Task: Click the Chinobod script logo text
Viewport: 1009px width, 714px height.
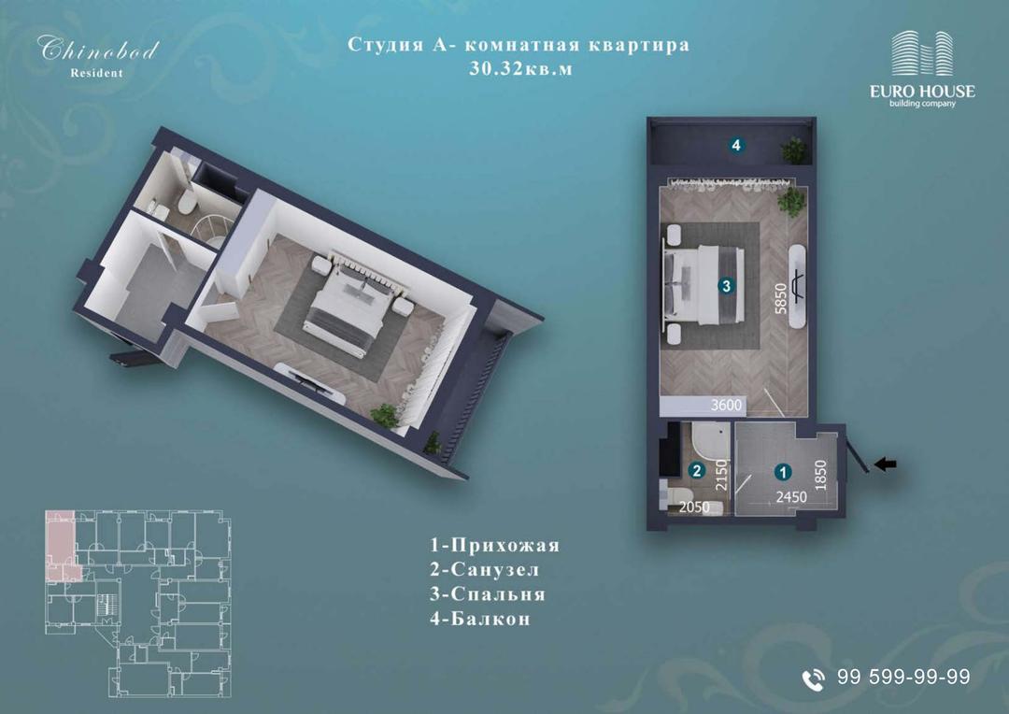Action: (x=98, y=49)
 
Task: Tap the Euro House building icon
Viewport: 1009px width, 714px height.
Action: (x=921, y=53)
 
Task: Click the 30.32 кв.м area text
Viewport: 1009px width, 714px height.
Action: (x=520, y=68)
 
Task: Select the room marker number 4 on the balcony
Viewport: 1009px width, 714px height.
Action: (x=736, y=146)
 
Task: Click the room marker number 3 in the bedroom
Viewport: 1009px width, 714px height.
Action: (x=727, y=285)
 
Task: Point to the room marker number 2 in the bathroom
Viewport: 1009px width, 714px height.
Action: (x=697, y=471)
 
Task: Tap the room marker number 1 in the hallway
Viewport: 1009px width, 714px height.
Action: (x=783, y=473)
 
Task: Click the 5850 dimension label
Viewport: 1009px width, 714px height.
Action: (x=781, y=298)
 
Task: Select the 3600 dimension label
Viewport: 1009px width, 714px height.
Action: (x=727, y=406)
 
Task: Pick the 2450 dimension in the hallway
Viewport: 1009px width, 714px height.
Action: (x=791, y=497)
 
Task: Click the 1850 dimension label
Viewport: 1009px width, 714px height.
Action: (x=820, y=476)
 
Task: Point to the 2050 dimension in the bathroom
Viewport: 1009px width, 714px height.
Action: (x=694, y=507)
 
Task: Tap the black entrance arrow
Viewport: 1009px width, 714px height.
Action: (x=885, y=464)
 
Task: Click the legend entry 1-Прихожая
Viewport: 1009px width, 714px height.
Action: (x=495, y=546)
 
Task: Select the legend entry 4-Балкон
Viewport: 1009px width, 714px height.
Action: (x=480, y=619)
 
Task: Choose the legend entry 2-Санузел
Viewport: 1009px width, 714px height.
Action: (x=485, y=570)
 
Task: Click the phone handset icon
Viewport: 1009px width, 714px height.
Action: (x=814, y=678)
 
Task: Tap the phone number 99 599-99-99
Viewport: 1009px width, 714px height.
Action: (x=903, y=677)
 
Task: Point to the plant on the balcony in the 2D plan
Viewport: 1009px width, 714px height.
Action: (x=794, y=150)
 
